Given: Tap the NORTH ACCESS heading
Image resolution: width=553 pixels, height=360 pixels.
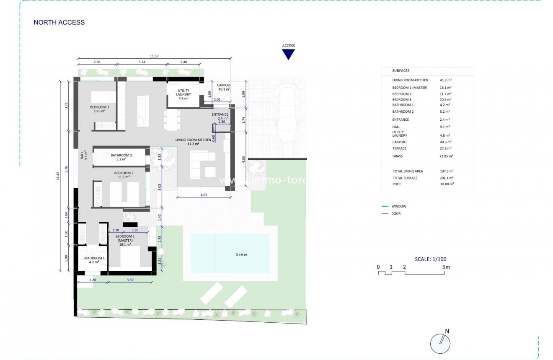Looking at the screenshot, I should (x=59, y=23).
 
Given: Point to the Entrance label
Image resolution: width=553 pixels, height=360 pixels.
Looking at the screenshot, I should (x=220, y=116).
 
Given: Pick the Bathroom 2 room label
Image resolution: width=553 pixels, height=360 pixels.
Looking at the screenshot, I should (x=121, y=157).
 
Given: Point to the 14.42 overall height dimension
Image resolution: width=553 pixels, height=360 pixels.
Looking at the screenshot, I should (x=58, y=176).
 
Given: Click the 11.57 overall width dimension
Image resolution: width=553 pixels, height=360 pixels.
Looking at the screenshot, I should (x=154, y=56).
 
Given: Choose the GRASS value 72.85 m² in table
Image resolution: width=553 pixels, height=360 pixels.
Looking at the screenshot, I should (x=446, y=156).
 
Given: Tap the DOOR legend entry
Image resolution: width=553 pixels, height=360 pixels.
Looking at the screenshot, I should (x=395, y=214).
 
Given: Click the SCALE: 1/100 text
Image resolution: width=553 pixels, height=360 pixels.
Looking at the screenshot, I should (x=430, y=259).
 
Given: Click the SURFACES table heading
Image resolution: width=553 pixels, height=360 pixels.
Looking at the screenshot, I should (x=401, y=71).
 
